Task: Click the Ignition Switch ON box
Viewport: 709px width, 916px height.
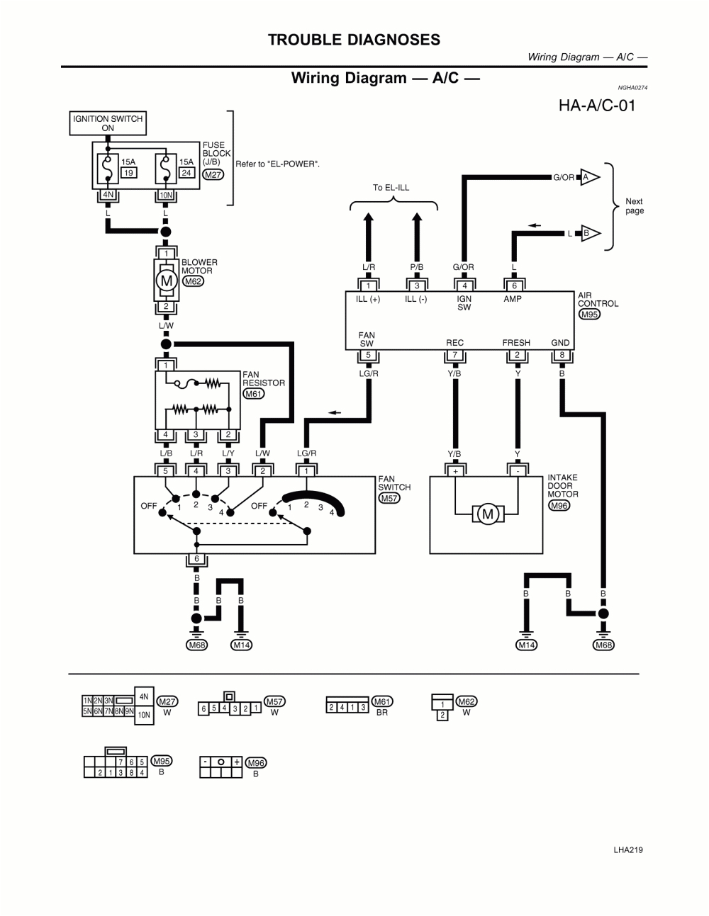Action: (108, 123)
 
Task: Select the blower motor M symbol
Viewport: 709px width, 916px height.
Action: (166, 281)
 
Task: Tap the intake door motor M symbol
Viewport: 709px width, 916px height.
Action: (487, 514)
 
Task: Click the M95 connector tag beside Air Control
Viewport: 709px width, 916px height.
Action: (589, 314)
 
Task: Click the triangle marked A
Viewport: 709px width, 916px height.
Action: (589, 177)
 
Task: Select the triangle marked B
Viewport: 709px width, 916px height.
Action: (589, 233)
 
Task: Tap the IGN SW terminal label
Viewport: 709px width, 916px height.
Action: (464, 303)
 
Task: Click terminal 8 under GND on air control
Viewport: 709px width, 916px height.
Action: (562, 356)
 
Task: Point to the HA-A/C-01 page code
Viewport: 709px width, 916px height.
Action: (596, 106)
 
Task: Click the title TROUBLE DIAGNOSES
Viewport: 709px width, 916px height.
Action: (354, 40)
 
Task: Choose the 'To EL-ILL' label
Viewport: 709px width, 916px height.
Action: (391, 188)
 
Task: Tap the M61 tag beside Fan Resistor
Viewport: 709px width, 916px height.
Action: (253, 394)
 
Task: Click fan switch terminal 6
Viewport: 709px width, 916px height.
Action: (196, 559)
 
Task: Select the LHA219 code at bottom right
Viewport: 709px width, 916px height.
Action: (627, 850)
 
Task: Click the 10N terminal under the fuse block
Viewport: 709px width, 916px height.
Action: (165, 196)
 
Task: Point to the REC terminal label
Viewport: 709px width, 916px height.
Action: (454, 343)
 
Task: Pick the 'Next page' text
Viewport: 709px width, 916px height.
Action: (634, 206)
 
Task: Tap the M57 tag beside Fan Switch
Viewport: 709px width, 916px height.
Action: (389, 498)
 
